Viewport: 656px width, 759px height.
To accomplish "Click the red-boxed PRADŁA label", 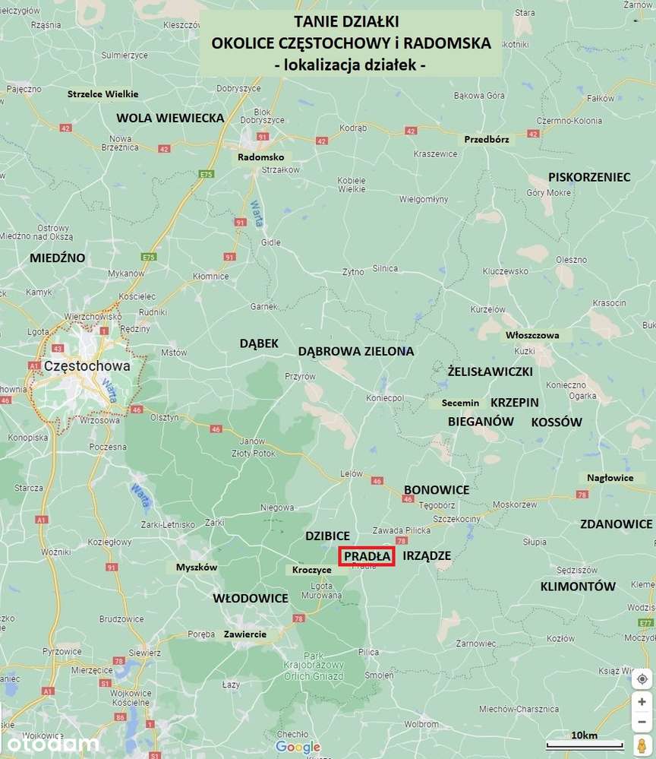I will tap(367, 556).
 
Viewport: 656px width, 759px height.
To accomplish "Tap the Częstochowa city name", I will tap(87, 365).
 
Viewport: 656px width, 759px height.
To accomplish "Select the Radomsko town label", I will tap(260, 157).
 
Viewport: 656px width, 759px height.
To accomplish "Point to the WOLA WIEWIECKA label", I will tap(170, 118).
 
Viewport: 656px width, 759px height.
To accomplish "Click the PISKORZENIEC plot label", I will tap(589, 177).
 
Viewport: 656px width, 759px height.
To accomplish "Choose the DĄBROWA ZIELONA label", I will tap(356, 351).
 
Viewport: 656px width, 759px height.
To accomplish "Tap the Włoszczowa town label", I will tap(532, 334).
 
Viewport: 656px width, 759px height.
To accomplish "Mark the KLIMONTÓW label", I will tap(578, 587).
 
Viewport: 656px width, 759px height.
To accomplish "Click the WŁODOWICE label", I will tap(251, 598).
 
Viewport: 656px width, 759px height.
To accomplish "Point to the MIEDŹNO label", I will tap(58, 258).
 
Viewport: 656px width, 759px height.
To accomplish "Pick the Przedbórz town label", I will tap(487, 139).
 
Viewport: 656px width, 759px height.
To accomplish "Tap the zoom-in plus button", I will tap(642, 701).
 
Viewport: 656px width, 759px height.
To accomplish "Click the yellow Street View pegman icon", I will tap(642, 744).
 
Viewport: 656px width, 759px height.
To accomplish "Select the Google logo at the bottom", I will tap(298, 748).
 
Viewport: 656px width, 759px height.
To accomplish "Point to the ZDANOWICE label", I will tap(616, 523).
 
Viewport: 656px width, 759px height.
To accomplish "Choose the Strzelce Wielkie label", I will tap(102, 93).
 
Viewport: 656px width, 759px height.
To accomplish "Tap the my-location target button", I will tap(642, 678).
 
